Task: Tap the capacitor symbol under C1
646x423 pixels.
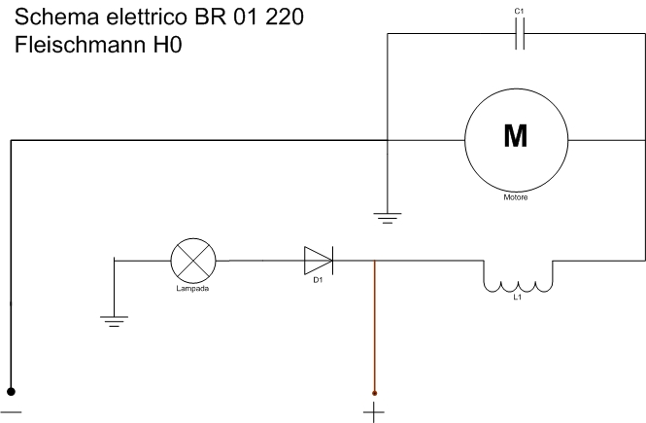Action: coord(519,35)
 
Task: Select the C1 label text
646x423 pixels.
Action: coord(519,11)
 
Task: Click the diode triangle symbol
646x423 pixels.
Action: coord(318,260)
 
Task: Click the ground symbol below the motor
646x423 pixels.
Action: coord(388,219)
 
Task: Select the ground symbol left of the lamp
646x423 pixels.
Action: coord(115,320)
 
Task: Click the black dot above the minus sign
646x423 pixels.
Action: coord(12,391)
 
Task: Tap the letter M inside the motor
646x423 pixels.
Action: coord(515,137)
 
